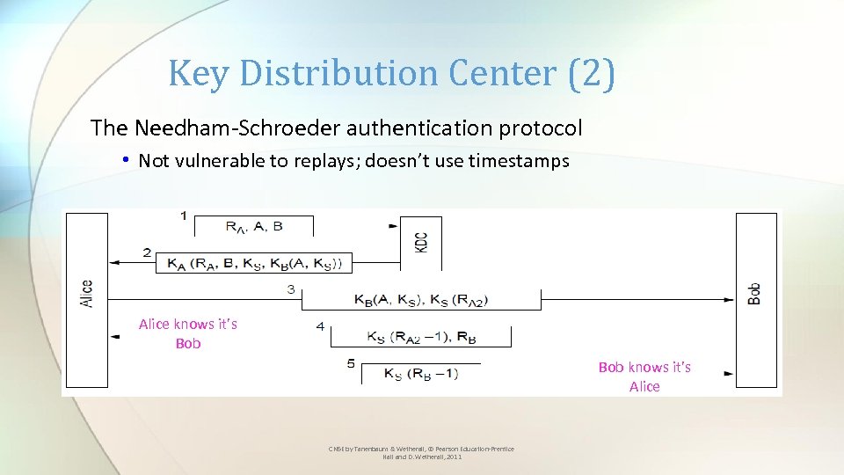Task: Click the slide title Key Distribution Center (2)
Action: [391, 73]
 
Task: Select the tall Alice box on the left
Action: [86, 299]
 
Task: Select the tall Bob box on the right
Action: [755, 299]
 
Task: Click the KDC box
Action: [420, 242]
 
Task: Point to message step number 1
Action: [183, 216]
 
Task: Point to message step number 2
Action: [147, 253]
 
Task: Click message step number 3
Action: [291, 290]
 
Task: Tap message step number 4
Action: [320, 326]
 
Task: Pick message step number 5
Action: [350, 363]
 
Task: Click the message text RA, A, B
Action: [253, 227]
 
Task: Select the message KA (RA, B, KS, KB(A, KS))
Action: [253, 263]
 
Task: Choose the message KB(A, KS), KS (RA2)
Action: [420, 300]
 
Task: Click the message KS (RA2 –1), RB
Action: [421, 336]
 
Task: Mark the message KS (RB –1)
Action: [420, 373]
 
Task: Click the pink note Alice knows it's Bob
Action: [188, 333]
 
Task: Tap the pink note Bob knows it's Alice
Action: [644, 376]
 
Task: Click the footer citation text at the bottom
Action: [421, 453]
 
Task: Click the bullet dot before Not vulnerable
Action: [127, 160]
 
